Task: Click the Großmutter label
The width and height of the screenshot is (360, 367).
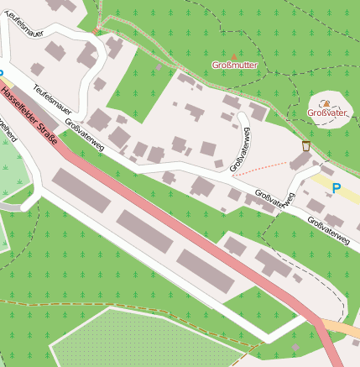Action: click(x=236, y=65)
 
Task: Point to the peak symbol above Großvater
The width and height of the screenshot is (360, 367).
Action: click(x=325, y=103)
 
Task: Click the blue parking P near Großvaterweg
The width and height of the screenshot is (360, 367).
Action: click(x=337, y=190)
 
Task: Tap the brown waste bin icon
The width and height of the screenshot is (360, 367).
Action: click(x=305, y=147)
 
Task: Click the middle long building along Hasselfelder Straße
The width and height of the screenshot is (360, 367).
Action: click(x=144, y=232)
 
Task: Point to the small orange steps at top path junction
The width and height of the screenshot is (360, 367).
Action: click(x=97, y=31)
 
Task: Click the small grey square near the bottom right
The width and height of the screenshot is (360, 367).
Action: click(x=295, y=346)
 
